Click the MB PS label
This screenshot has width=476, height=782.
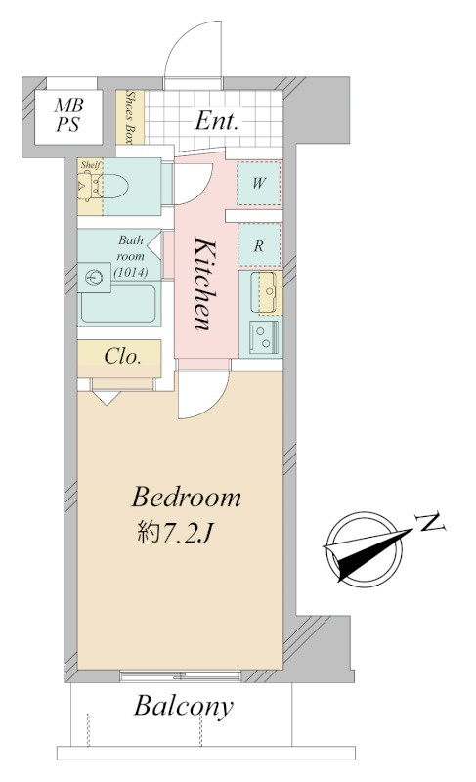(68, 115)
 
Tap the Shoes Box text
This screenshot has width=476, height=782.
(131, 117)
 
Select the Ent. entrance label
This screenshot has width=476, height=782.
(216, 120)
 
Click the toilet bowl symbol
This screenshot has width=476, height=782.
(112, 186)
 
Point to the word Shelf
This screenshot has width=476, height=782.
(91, 165)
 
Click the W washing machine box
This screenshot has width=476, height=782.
(259, 183)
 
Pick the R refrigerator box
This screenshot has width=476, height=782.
(259, 245)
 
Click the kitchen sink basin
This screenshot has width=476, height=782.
(263, 292)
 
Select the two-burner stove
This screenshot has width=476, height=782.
(264, 337)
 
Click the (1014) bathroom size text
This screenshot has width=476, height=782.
(131, 273)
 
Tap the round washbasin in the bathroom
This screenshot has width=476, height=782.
(94, 278)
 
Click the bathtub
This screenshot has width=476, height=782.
(118, 304)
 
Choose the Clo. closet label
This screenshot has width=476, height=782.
(122, 356)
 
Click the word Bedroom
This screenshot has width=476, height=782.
(186, 498)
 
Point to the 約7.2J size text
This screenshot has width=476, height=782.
(176, 533)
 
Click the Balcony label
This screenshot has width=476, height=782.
(184, 706)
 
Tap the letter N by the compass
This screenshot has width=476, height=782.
(432, 522)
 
